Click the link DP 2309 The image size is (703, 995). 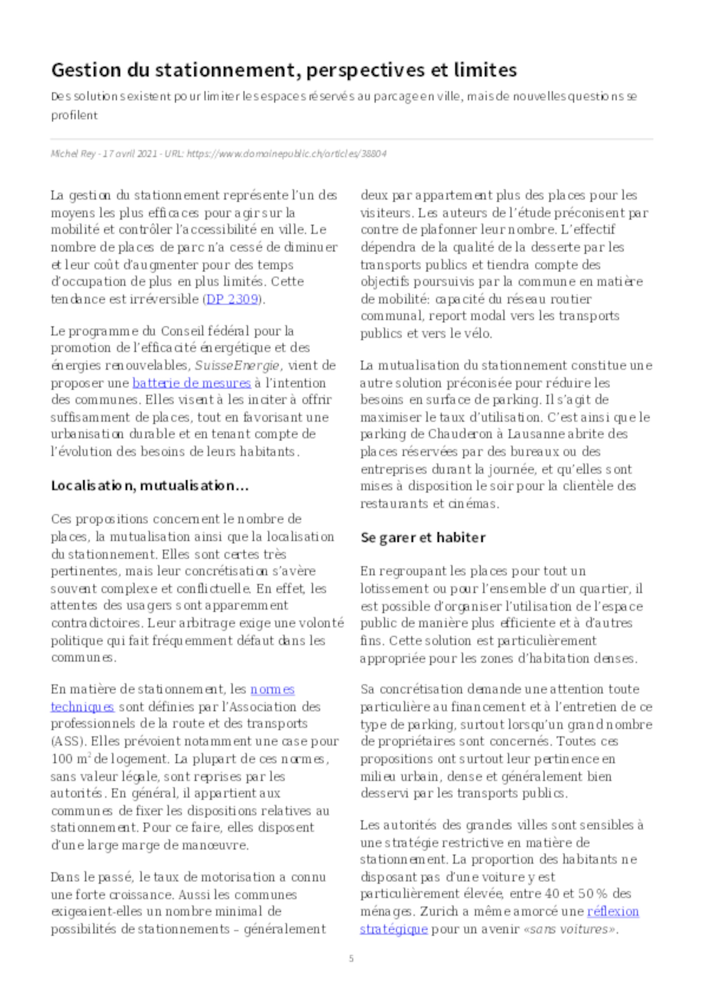(232, 300)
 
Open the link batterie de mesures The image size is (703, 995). (192, 383)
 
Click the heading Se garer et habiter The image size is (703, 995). (423, 538)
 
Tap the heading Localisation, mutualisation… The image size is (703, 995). (150, 486)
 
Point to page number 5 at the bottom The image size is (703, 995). (351, 958)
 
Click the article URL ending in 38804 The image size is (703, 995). (286, 154)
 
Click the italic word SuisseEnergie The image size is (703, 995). (237, 366)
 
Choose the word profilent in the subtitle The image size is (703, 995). (75, 116)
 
